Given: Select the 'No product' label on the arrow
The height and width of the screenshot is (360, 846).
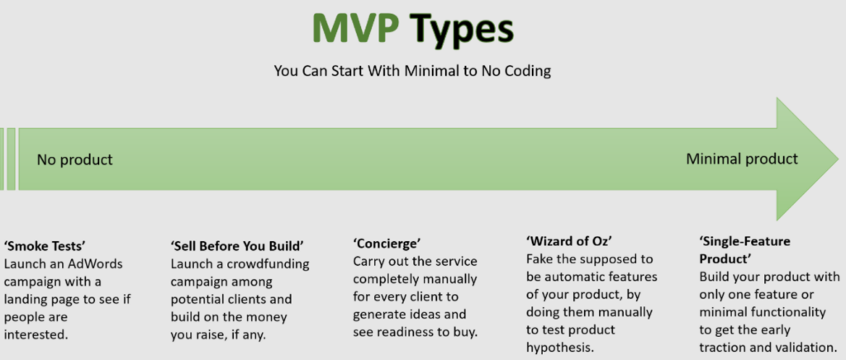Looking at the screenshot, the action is pos(74,160).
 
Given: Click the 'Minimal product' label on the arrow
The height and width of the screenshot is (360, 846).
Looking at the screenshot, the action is pos(742,159).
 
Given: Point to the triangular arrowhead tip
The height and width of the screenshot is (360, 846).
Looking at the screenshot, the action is pos(838,159).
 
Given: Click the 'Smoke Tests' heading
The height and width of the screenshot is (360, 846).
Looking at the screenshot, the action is pos(45,246).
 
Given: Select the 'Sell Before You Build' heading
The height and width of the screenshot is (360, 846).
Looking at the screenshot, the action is pos(237,246).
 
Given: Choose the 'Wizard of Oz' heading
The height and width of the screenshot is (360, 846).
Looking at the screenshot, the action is pos(568,240).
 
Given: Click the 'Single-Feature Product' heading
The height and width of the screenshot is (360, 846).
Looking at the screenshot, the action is pos(744,249).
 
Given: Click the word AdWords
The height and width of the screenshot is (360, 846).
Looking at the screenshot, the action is pos(96,264).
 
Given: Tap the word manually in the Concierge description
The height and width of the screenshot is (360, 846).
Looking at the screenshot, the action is pos(450,279).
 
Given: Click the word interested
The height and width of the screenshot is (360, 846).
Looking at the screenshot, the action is pos(36,334).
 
